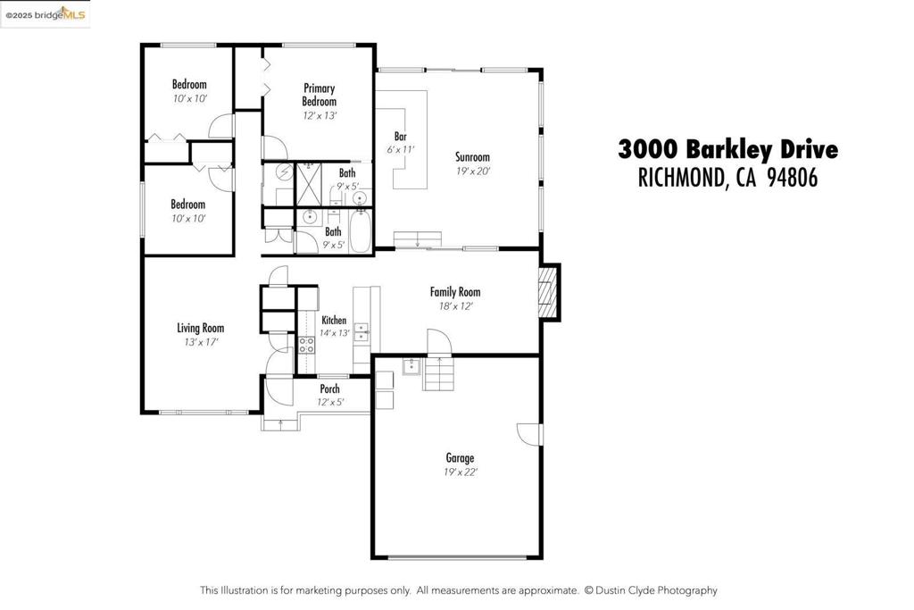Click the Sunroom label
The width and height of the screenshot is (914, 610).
point(472,157)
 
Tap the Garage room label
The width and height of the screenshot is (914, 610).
point(460,458)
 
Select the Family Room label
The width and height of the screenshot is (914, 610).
point(455,291)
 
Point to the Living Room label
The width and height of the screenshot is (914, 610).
point(201,328)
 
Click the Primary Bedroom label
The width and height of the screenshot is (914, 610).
point(320,95)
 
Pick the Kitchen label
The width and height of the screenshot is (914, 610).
point(334,320)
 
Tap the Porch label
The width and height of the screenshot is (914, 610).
point(330,389)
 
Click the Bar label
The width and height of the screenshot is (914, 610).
point(401,137)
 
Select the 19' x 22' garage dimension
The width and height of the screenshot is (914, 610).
point(460,472)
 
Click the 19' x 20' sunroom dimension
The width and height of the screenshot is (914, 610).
point(473,171)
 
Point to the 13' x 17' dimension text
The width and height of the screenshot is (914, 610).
point(201,342)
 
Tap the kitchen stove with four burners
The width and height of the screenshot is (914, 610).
point(307,346)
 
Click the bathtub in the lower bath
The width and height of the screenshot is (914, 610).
point(361,231)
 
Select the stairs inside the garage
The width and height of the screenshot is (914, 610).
point(437,373)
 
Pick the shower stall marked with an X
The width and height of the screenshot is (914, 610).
point(309,185)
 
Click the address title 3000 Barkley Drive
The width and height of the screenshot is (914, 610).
point(728,149)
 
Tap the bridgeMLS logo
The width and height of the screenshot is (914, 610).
point(46,14)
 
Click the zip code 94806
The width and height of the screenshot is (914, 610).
point(793,178)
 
